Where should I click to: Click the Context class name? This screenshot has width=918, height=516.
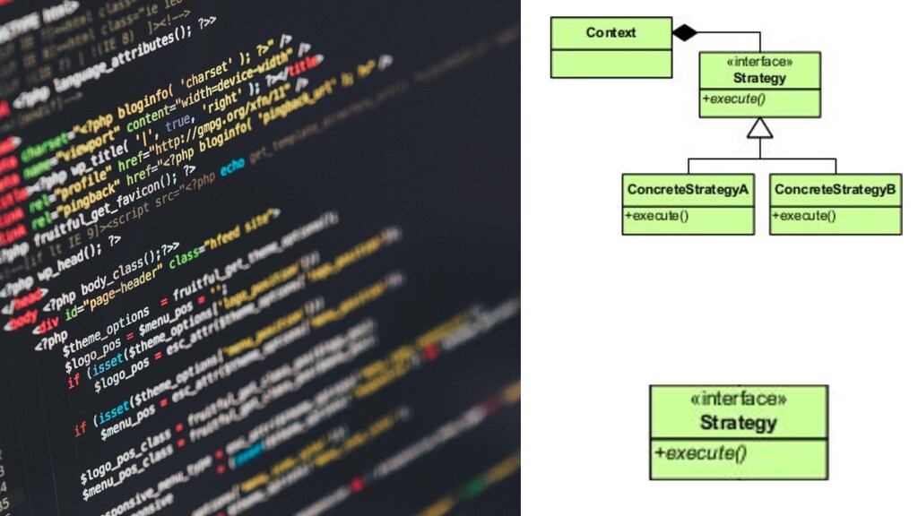click(x=611, y=33)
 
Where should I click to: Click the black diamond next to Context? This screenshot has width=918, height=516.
click(x=684, y=33)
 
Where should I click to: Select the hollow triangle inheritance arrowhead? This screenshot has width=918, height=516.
click(x=760, y=129)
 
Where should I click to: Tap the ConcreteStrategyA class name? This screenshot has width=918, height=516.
click(x=688, y=190)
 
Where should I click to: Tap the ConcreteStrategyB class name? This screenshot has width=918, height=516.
click(x=836, y=190)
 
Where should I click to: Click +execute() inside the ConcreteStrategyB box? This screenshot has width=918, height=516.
click(x=804, y=216)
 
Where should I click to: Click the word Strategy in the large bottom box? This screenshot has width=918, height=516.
click(x=739, y=422)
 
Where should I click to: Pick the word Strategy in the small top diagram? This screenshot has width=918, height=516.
click(x=759, y=78)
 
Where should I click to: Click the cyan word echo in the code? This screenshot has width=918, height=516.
click(x=231, y=167)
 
